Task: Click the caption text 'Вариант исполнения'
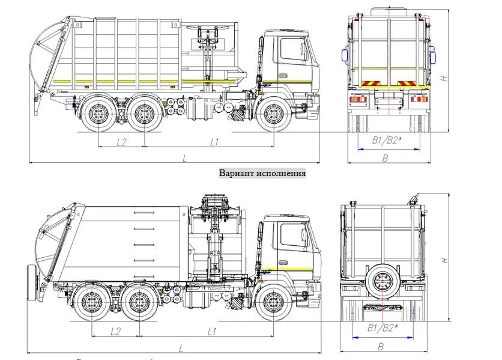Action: pyautogui.click(x=262, y=173)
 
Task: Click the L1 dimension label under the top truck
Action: pyautogui.click(x=214, y=142)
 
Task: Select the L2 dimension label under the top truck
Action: pyautogui.click(x=121, y=142)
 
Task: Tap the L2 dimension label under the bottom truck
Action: pyautogui.click(x=116, y=331)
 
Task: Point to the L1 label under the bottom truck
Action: pyautogui.click(x=211, y=331)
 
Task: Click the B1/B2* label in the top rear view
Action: pyautogui.click(x=386, y=141)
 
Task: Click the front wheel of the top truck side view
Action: pyautogui.click(x=274, y=115)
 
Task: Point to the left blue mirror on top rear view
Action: pyautogui.click(x=345, y=55)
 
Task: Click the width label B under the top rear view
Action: pyautogui.click(x=385, y=157)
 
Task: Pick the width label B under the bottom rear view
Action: pyautogui.click(x=380, y=347)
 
